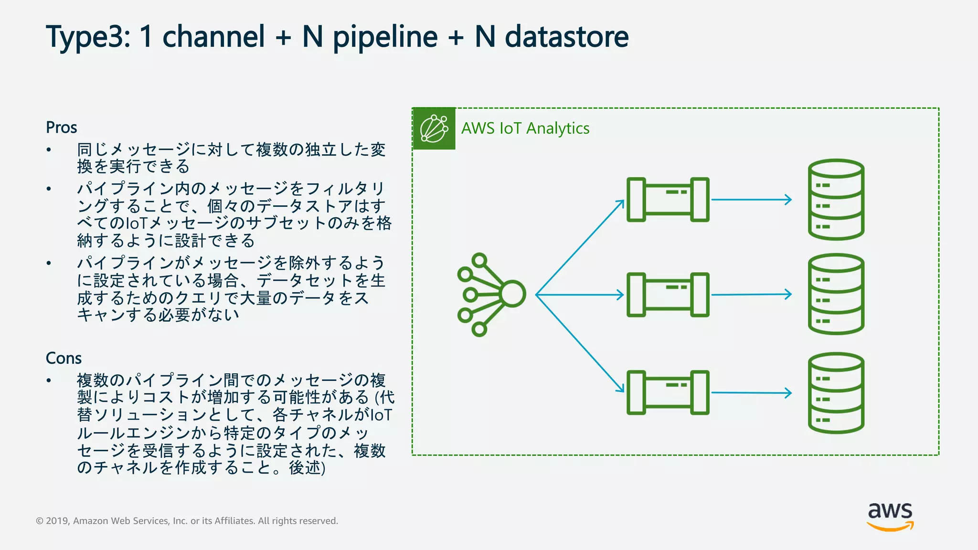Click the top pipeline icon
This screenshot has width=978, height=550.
pos(668,200)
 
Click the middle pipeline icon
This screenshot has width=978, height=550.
pos(668,295)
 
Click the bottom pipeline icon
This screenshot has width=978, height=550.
pos(668,392)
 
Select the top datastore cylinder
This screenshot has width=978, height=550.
pos(836,200)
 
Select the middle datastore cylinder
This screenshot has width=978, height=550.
pos(836,294)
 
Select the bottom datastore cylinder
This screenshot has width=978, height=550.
pos(836,393)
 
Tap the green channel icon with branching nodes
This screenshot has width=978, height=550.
pos(491,295)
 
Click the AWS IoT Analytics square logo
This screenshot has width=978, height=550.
pos(434,128)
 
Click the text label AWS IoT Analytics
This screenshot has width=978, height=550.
pos(525,128)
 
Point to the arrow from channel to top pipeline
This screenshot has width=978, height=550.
pos(580,247)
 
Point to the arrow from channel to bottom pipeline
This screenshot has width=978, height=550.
pos(580,343)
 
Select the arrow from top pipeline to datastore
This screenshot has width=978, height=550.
pos(751,200)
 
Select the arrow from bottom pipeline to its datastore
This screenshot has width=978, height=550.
pos(751,393)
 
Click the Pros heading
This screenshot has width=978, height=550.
pos(61,127)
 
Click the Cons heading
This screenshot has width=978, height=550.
pos(64,358)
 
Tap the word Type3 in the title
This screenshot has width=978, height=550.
pos(87,37)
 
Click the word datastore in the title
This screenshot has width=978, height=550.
pos(566,37)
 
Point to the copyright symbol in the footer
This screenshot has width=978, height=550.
pos(40,521)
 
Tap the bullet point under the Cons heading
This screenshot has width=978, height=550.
pos(49,381)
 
